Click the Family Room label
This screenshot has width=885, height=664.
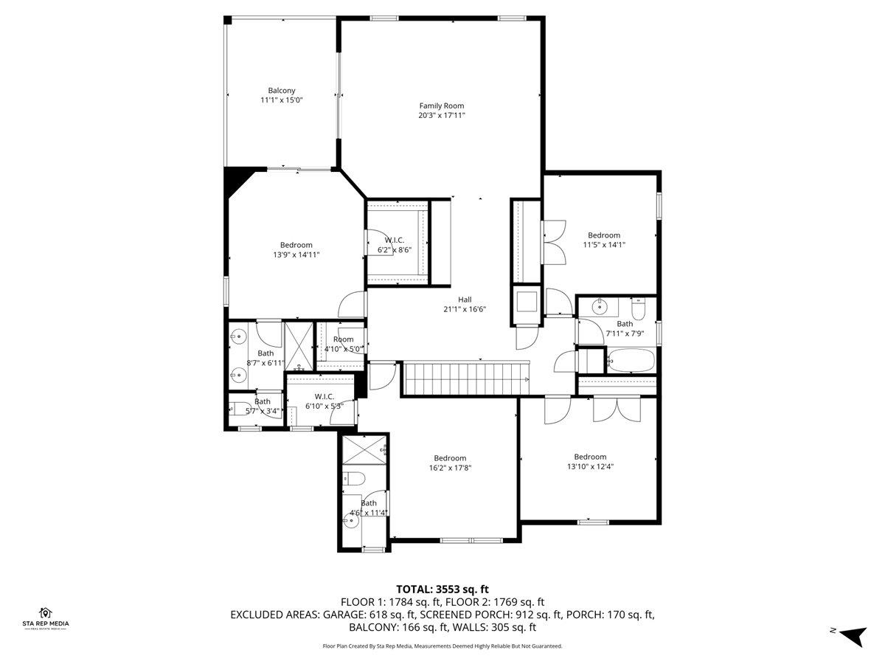[x=442, y=106]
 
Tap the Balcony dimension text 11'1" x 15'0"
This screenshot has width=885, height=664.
[x=282, y=100]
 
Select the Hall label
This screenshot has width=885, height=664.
[x=465, y=300]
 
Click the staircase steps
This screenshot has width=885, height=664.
[x=467, y=379]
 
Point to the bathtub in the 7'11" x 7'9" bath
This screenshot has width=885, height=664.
[x=631, y=360]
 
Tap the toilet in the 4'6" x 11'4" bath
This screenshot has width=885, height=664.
[x=353, y=479]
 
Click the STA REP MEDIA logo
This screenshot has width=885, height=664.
[x=46, y=619]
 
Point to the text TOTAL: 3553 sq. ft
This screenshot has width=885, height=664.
[x=442, y=589]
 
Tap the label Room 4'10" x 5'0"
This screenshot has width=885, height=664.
[x=344, y=345]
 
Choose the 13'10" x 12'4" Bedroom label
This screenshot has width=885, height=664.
[x=590, y=462]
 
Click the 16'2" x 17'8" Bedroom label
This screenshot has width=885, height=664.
[x=450, y=463]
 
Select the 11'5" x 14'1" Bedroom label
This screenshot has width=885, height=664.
[x=604, y=240]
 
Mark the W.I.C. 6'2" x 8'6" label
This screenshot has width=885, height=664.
[x=395, y=245]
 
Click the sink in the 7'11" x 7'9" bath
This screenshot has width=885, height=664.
[x=600, y=307]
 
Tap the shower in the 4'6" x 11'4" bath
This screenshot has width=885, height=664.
[x=364, y=449]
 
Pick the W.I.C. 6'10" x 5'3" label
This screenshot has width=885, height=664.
[x=324, y=401]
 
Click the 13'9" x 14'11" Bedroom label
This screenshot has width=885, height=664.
[x=296, y=250]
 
